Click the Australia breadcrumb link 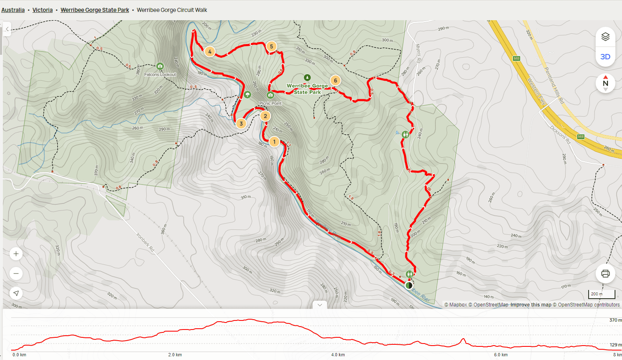[x=13, y=10]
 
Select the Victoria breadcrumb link [x=42, y=10]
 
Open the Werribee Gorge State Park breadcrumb [x=95, y=10]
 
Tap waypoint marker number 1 [x=274, y=142]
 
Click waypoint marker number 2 [x=265, y=116]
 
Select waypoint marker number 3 [x=241, y=123]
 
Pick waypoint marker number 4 [x=210, y=51]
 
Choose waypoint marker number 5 [x=271, y=47]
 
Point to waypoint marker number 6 [x=335, y=80]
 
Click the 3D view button [x=605, y=57]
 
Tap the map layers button [x=605, y=37]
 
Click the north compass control [x=605, y=83]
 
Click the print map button [x=605, y=274]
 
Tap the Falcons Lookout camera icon [x=160, y=66]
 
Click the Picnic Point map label [x=270, y=103]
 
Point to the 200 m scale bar [x=601, y=294]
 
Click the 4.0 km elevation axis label [x=338, y=355]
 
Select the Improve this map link [x=531, y=305]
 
